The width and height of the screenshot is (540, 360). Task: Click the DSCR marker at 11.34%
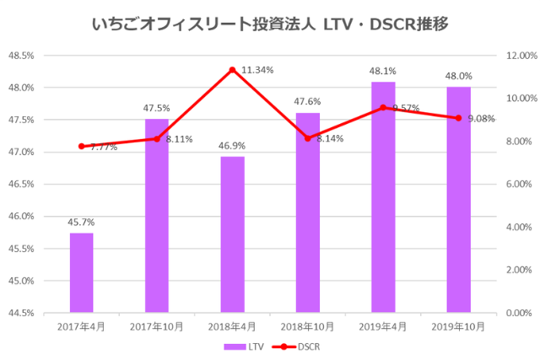(x=232, y=69)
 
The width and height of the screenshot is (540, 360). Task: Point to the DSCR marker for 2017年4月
(x=82, y=146)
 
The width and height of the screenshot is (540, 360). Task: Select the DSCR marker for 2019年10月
(x=458, y=118)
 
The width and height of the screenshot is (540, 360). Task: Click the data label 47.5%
(x=157, y=108)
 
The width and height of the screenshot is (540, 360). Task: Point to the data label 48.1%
(x=383, y=71)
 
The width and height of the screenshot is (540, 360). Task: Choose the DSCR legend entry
(x=300, y=346)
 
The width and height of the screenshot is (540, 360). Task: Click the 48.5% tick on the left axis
(x=23, y=56)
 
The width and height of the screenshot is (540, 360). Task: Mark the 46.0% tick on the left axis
(x=23, y=217)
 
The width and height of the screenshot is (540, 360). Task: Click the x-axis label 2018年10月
(x=308, y=326)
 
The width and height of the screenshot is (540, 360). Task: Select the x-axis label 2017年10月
(x=157, y=326)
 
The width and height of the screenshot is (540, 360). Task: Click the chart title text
(x=269, y=24)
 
